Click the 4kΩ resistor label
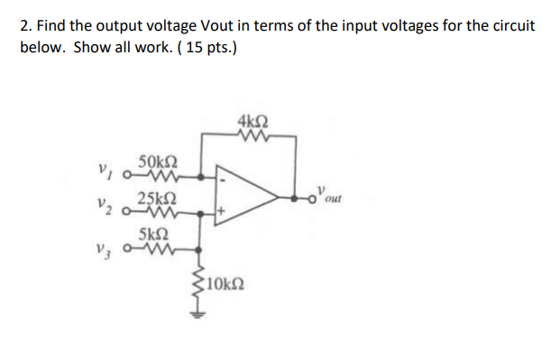coord(253,122)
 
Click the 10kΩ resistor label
coord(223,288)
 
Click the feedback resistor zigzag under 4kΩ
coord(253,136)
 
